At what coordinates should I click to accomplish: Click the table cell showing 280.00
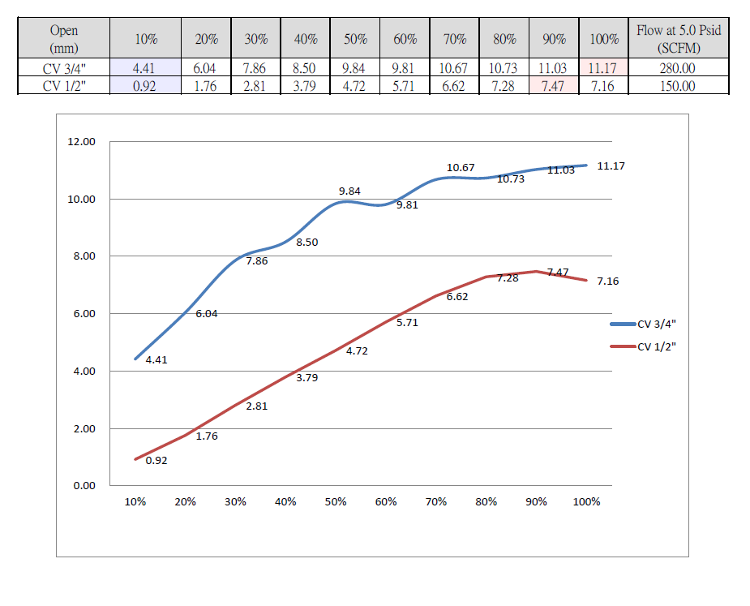678,68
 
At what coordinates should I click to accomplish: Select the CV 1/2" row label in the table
64,86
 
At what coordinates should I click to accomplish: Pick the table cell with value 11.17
602,68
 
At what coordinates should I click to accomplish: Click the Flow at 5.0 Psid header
678,39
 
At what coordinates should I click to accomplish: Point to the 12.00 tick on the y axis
81,142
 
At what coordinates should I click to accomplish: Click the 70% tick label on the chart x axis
436,502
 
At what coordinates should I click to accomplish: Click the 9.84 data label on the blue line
349,191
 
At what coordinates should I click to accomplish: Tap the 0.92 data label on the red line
156,460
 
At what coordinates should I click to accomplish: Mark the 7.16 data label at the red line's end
607,281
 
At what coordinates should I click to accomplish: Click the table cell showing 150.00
678,86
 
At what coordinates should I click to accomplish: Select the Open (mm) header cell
64,39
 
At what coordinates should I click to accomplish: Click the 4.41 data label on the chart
156,359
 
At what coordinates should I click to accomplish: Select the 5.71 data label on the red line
407,322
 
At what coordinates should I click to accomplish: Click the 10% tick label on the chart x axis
135,502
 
